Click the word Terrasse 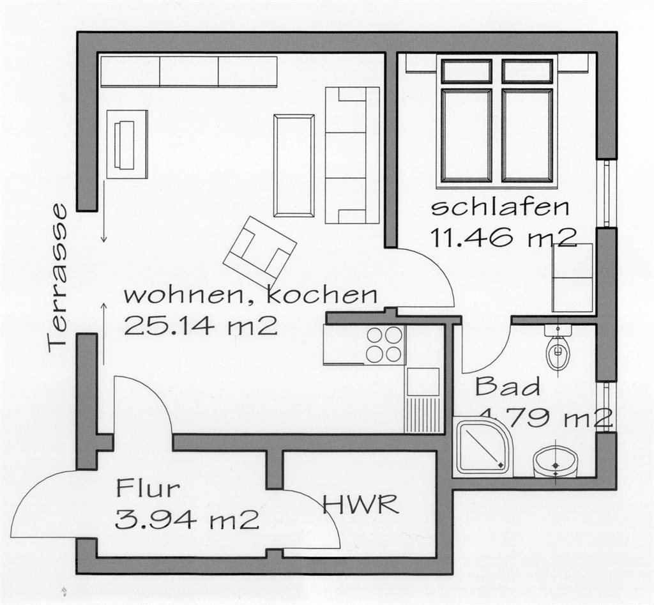click(x=57, y=279)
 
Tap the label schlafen click(x=500, y=208)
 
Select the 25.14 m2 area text click(x=201, y=325)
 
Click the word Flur click(x=148, y=488)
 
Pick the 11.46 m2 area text click(x=503, y=238)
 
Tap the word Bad click(x=508, y=387)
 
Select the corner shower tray click(x=482, y=446)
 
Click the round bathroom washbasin click(x=555, y=463)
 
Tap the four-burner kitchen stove click(x=384, y=344)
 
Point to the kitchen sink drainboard click(x=422, y=415)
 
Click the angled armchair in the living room click(x=259, y=250)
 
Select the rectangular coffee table click(x=294, y=165)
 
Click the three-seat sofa click(x=352, y=156)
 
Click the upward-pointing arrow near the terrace click(x=104, y=334)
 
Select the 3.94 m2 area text click(x=187, y=520)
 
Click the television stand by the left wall click(x=127, y=144)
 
